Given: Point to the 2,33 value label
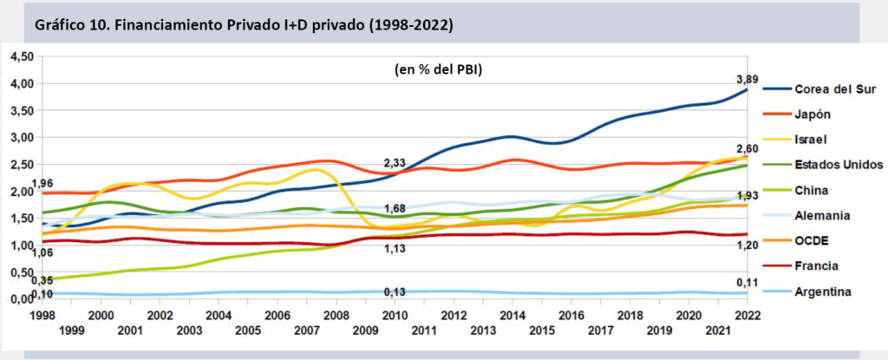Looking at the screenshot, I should point(395,163).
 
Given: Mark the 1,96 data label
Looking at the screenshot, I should point(42,183).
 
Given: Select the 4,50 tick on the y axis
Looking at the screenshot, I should point(21,56).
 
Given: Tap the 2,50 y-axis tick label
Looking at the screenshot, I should point(21,164).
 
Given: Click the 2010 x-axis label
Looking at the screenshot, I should point(395,316).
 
